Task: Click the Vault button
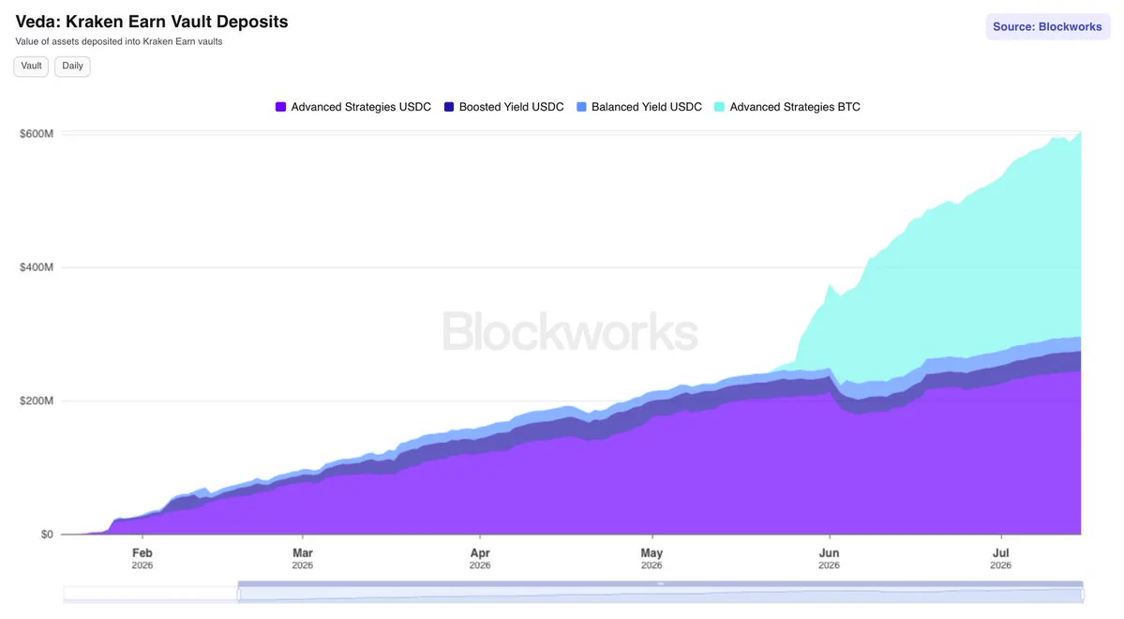coord(31,66)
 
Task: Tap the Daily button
coord(72,66)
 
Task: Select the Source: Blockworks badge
coord(1047,26)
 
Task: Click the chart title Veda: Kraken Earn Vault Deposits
coord(152,22)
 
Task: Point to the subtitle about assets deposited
coord(119,41)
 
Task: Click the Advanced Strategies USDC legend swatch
coord(280,107)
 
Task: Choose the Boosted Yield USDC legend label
coord(511,107)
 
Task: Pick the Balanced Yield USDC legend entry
coord(638,107)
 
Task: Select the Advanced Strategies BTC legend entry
coord(787,107)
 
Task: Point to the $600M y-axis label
coord(37,133)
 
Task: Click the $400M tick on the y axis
coord(37,267)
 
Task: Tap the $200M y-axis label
coord(37,401)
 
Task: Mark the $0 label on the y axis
coord(47,535)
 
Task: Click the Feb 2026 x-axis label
coord(142,558)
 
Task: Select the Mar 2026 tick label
coord(303,558)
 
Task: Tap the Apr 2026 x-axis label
coord(480,558)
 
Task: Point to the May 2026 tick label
coord(652,558)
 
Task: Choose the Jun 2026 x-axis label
coord(829,558)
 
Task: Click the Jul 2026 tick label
coord(1000,558)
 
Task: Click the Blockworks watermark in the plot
coord(570,331)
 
